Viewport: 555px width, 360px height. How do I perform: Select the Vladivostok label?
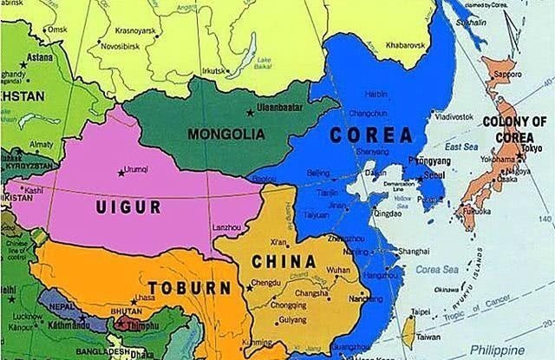tap(456, 115)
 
